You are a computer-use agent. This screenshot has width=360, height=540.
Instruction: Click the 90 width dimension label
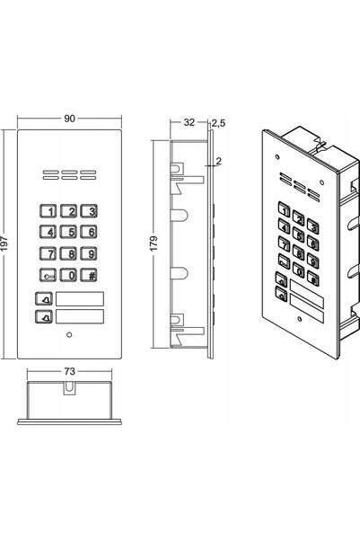(x=69, y=119)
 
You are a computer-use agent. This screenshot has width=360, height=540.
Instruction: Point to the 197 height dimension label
(x=4, y=243)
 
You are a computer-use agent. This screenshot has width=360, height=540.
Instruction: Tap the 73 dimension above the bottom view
(x=69, y=371)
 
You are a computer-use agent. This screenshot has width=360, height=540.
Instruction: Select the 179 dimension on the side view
(x=154, y=243)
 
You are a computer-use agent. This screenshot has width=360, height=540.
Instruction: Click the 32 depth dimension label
(x=189, y=122)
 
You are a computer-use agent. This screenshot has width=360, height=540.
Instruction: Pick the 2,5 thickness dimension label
(x=218, y=123)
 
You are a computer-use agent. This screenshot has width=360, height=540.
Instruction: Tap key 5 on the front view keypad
(x=68, y=232)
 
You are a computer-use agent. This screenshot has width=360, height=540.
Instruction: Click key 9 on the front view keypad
(x=89, y=253)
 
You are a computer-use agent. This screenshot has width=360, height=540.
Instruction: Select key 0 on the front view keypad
(x=68, y=275)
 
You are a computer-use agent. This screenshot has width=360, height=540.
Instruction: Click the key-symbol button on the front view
(x=48, y=275)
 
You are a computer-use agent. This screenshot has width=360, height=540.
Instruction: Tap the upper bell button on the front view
(x=44, y=298)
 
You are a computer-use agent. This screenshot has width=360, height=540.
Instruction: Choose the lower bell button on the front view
(x=44, y=316)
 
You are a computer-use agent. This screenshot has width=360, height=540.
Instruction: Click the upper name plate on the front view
(x=80, y=298)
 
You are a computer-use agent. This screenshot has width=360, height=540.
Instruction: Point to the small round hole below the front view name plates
(x=69, y=334)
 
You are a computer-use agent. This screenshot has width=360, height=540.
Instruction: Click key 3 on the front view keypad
(x=89, y=211)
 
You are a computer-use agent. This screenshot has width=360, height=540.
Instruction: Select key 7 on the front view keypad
(x=48, y=253)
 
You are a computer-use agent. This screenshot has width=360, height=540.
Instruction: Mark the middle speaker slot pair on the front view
(x=69, y=175)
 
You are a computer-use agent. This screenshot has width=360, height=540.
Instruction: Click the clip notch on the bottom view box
(x=69, y=388)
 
